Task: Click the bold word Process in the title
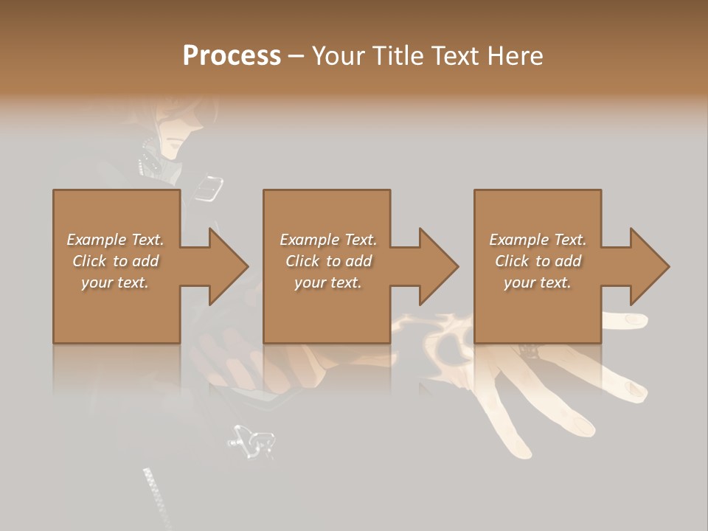(232, 55)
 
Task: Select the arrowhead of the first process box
(226, 266)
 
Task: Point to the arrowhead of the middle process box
(437, 266)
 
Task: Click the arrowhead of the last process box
(648, 266)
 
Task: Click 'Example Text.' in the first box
(115, 240)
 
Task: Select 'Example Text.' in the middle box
(327, 240)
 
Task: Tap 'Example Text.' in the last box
(538, 240)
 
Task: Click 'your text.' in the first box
(115, 282)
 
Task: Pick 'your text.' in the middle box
(327, 282)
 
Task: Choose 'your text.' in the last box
(538, 282)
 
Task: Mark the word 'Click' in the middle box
(302, 261)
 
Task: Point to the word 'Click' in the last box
(512, 261)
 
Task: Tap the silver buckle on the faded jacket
(209, 188)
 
